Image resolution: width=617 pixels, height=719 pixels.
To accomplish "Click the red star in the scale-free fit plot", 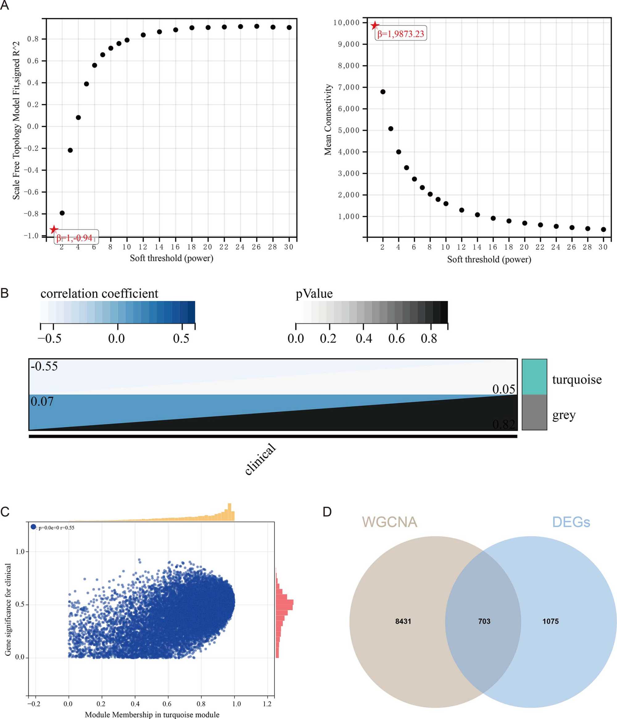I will point(53,229).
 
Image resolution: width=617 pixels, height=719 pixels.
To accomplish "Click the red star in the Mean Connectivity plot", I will point(375,25).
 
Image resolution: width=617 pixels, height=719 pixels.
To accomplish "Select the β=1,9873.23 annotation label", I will point(401,34).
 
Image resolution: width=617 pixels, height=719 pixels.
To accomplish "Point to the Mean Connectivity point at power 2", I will point(383,92).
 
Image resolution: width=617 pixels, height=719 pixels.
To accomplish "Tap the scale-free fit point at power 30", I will point(289,27).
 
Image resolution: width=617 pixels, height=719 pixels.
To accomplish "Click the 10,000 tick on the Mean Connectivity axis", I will point(346,23).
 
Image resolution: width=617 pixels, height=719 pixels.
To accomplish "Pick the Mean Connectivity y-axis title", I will point(328,119).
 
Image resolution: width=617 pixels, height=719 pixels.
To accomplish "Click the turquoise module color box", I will point(534,377).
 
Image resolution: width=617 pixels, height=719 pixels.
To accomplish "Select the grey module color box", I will point(534,412).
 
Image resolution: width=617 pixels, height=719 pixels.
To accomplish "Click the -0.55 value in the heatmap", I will point(44,366).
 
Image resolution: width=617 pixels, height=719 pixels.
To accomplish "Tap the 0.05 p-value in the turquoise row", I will point(503,389).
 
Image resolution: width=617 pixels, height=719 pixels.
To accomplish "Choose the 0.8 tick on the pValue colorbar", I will point(429,338).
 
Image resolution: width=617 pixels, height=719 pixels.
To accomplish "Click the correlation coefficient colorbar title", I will point(99,294).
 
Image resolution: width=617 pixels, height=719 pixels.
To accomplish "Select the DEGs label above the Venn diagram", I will point(571,522).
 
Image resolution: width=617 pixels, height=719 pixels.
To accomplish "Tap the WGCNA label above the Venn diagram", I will point(389,522).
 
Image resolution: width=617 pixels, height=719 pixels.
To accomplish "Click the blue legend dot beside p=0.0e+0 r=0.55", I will point(33,527).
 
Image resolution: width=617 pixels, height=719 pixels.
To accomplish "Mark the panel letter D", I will point(327,512).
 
